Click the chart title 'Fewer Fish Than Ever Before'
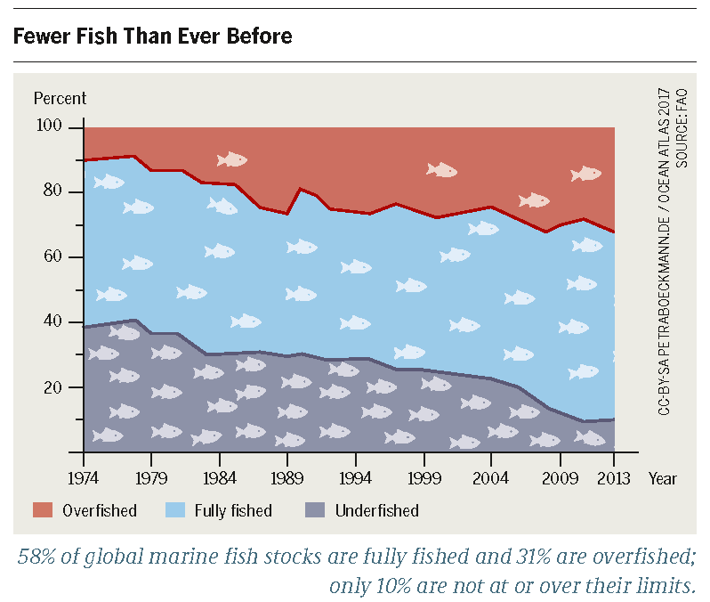[152, 37]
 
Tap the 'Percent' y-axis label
[60, 99]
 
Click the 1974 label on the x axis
[84, 478]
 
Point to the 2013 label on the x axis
[615, 478]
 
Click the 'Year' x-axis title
[662, 478]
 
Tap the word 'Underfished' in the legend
[376, 511]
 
